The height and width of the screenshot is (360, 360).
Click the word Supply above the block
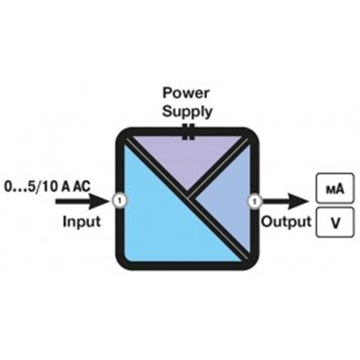coord(188,111)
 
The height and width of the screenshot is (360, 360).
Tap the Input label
coord(82,221)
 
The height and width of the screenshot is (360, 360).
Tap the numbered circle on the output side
coord(256,199)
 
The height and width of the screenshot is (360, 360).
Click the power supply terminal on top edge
coord(189,132)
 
